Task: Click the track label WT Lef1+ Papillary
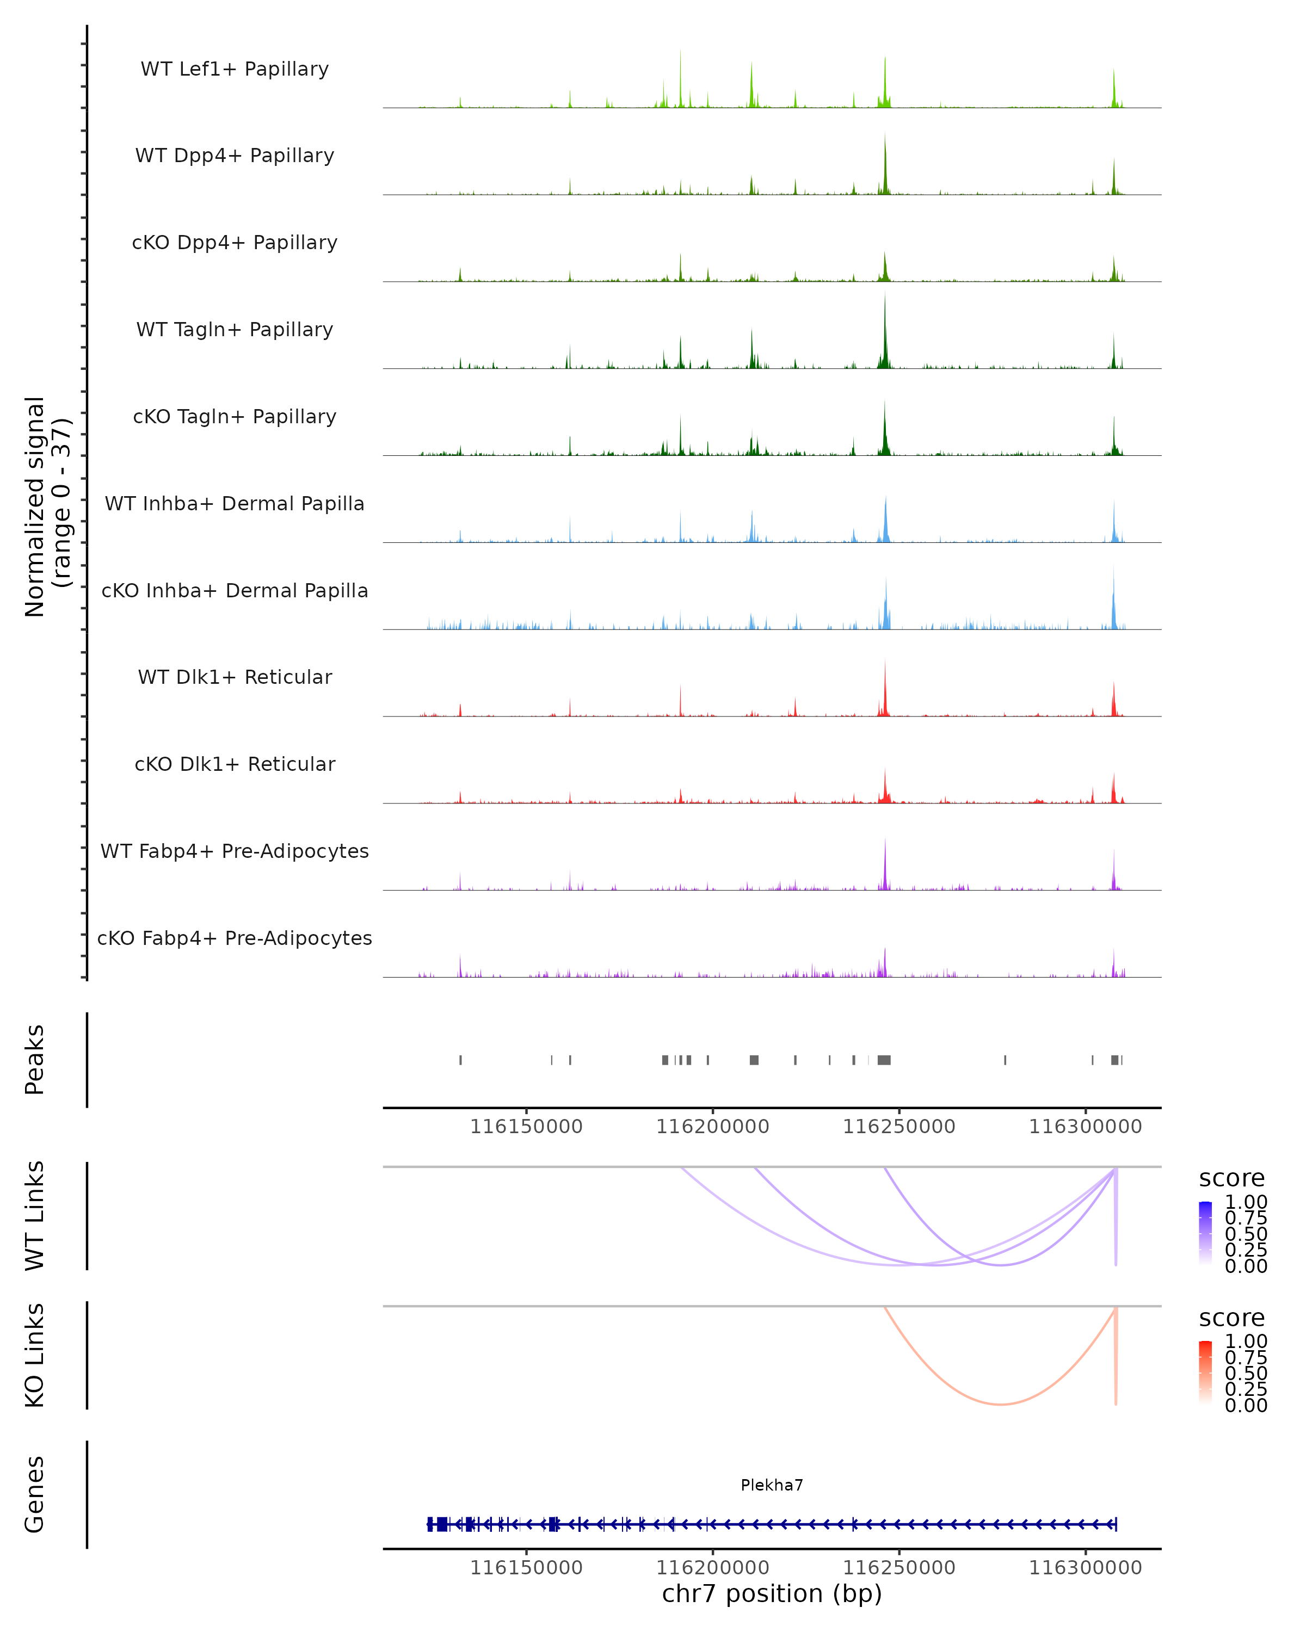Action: click(235, 69)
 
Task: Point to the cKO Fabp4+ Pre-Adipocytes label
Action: click(235, 938)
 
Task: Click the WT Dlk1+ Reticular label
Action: click(235, 677)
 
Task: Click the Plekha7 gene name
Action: click(772, 1485)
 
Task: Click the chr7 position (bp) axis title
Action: click(772, 1594)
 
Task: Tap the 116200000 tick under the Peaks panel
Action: click(712, 1127)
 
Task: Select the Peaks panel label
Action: click(35, 1060)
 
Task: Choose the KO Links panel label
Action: click(35, 1355)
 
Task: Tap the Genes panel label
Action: click(35, 1494)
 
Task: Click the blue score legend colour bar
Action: click(1205, 1233)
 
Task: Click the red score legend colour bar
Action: click(1205, 1373)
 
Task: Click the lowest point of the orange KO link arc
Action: click(1000, 1405)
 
